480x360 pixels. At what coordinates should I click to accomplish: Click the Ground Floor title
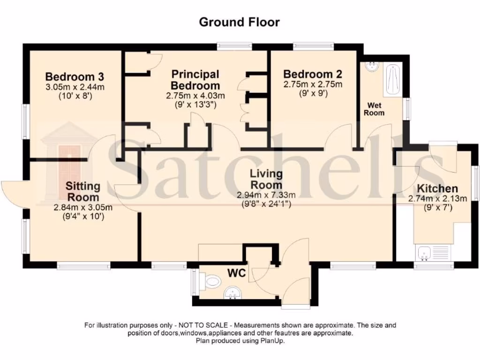[x=240, y=22]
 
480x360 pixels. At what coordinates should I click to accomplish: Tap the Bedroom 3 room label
[x=75, y=77]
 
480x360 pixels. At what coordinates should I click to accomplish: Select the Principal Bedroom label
[x=195, y=80]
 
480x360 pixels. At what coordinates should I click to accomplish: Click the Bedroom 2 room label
[x=313, y=74]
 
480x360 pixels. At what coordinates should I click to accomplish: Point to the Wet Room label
[x=375, y=109]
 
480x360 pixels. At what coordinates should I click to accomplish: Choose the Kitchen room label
[x=437, y=188]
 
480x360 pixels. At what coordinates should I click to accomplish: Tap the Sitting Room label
[x=83, y=191]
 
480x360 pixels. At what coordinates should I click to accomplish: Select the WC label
[x=237, y=273]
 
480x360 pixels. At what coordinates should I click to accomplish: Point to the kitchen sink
[x=425, y=255]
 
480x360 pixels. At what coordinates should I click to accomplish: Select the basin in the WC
[x=231, y=294]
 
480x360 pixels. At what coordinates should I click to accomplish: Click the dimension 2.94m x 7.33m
[x=266, y=195]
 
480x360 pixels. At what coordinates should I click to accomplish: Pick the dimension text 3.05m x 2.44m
[x=75, y=87]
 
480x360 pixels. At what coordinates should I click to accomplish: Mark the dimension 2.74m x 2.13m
[x=437, y=198]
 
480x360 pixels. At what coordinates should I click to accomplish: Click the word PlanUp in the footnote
[x=273, y=341]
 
